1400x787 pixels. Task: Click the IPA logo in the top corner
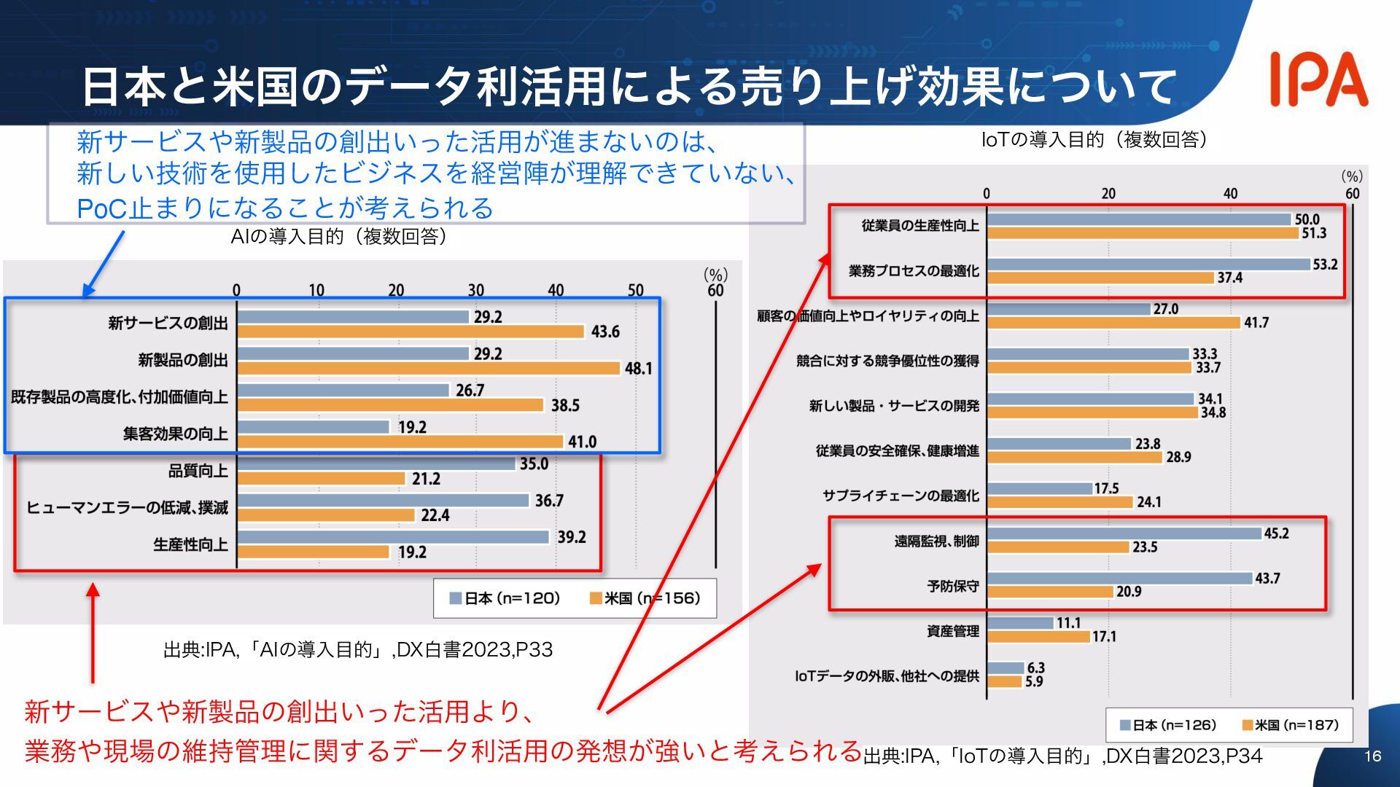(x=1318, y=79)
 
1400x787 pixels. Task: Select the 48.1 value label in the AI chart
(x=638, y=369)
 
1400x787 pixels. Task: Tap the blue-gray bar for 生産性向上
(x=393, y=537)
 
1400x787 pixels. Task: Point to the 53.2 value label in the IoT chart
(x=1325, y=265)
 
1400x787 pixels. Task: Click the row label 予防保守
(x=952, y=586)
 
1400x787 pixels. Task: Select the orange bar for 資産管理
(x=1038, y=637)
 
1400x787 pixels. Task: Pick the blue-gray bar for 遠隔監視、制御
(x=1124, y=533)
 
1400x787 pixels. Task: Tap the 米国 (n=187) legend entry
(x=1290, y=725)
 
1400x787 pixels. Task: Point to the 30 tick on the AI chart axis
(x=475, y=290)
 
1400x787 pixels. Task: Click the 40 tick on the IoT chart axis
(x=1230, y=194)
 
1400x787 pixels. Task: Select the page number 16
(x=1372, y=756)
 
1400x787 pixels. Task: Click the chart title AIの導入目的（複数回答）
(x=338, y=237)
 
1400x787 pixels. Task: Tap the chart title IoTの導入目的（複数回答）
(x=1094, y=139)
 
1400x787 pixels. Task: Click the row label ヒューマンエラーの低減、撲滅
(x=127, y=508)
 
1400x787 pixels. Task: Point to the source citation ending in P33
(x=358, y=649)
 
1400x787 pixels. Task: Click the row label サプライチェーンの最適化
(x=901, y=496)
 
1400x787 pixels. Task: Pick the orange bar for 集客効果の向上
(x=400, y=442)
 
